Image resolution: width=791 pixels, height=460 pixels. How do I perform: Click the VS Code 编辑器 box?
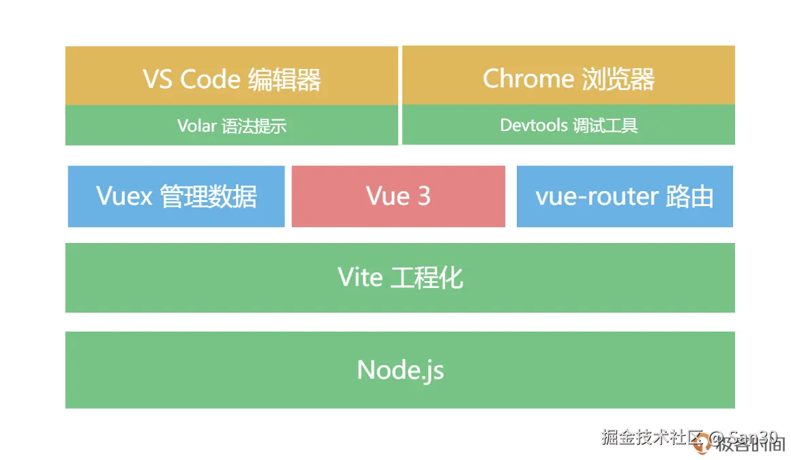(x=232, y=76)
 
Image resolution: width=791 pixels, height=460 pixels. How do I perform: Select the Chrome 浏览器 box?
(x=568, y=76)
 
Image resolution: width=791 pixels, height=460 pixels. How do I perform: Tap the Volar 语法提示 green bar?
(x=232, y=126)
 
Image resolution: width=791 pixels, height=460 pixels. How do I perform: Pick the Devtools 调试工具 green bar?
(x=568, y=126)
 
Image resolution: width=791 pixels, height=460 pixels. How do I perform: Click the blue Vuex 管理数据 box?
(x=176, y=197)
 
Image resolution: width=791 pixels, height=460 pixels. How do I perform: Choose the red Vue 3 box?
(x=398, y=197)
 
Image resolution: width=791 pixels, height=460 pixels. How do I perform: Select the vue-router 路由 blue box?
(x=625, y=197)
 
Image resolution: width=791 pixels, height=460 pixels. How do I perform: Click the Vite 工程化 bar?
(x=400, y=278)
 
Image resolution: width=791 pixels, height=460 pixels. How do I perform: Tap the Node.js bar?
(x=400, y=370)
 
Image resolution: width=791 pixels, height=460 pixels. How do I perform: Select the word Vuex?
(x=124, y=197)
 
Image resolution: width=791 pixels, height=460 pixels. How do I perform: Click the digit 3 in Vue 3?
(x=424, y=197)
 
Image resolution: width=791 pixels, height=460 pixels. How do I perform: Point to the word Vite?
(x=360, y=278)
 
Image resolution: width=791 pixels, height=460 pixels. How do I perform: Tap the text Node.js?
(x=400, y=371)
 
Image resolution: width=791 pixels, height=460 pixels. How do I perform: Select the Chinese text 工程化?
(x=427, y=278)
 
